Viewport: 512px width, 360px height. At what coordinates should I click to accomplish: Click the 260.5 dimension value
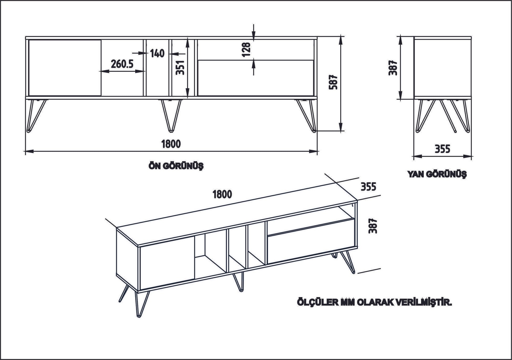[x=122, y=63]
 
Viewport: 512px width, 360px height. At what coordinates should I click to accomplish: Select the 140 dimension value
[x=157, y=53]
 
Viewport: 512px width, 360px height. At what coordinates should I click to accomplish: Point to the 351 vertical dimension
[x=180, y=67]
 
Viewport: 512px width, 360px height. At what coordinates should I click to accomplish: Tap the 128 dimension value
[x=247, y=49]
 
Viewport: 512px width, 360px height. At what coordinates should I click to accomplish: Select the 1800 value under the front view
[x=171, y=144]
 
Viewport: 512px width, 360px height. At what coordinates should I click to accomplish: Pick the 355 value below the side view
[x=442, y=149]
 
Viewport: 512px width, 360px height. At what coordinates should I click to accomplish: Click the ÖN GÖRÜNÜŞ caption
[x=176, y=166]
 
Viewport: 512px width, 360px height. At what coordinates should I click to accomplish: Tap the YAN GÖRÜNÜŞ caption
[x=437, y=174]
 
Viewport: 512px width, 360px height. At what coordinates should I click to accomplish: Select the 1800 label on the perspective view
[x=222, y=194]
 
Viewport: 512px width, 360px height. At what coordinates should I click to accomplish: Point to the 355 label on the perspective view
[x=368, y=187]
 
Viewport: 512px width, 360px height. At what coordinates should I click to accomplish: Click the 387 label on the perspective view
[x=373, y=226]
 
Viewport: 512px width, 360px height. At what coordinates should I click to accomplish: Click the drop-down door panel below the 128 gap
[x=256, y=78]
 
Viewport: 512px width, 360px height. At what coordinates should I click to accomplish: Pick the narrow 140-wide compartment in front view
[x=157, y=76]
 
